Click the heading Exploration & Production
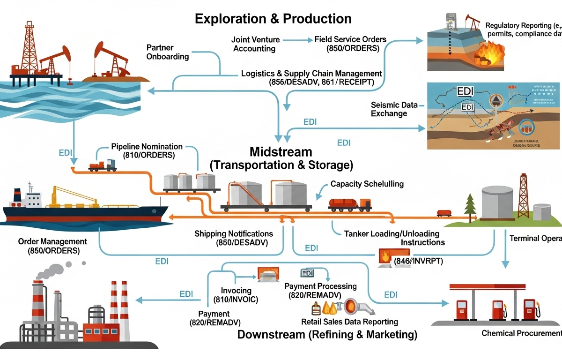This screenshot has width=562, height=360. click(273, 19)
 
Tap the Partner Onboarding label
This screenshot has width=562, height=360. click(168, 52)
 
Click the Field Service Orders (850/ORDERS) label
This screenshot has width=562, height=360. click(350, 44)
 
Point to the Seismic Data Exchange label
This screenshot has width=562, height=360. click(391, 109)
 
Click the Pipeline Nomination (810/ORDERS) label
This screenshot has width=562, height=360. click(147, 151)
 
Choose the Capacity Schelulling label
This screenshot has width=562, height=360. click(367, 184)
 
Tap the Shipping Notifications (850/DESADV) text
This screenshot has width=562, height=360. click(233, 238)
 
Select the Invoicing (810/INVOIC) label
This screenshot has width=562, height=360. click(236, 295)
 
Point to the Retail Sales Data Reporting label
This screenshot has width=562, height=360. click(350, 322)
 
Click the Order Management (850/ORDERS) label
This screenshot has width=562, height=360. click(52, 246)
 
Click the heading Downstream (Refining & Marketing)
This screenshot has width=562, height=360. click(327, 335)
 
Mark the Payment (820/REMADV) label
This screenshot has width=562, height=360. click(214, 318)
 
